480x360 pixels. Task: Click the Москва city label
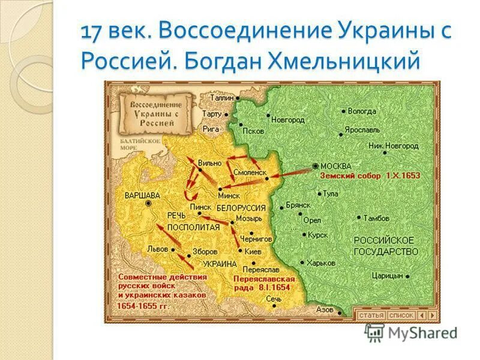336,166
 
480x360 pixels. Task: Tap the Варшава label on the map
142,195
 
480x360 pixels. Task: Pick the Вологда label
362,111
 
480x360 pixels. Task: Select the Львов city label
157,249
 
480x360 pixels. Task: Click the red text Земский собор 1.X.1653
370,176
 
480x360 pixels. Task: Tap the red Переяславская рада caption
265,284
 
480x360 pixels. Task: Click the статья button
370,314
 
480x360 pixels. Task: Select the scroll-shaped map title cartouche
152,113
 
